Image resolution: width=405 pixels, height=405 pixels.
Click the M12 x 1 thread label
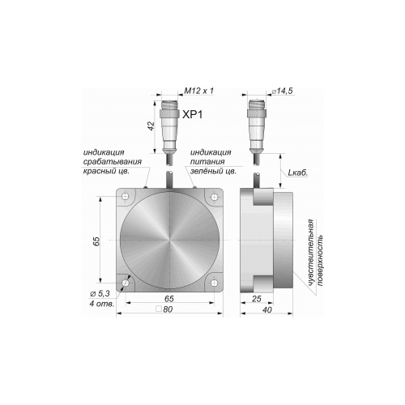pyautogui.click(x=198, y=91)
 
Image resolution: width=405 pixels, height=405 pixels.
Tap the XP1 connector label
pyautogui.click(x=192, y=115)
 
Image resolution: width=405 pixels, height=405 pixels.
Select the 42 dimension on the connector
pyautogui.click(x=151, y=126)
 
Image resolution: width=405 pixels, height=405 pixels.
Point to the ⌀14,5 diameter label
pyautogui.click(x=283, y=91)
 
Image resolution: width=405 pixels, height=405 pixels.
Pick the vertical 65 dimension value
pyautogui.click(x=96, y=241)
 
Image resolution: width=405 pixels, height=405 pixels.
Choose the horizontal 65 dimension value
pyautogui.click(x=169, y=299)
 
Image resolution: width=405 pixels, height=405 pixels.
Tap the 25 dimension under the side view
pyautogui.click(x=257, y=299)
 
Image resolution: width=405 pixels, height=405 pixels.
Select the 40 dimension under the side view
pyautogui.click(x=266, y=309)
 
